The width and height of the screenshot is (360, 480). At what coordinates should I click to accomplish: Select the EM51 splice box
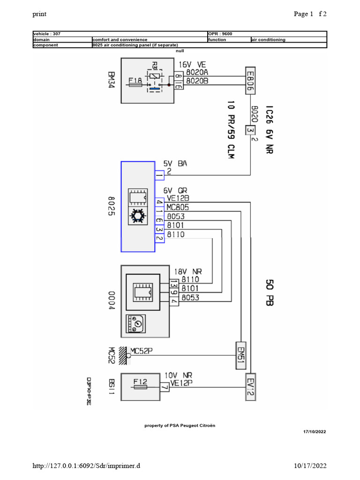[241, 352]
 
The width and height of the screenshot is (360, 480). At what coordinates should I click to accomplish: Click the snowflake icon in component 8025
[137, 215]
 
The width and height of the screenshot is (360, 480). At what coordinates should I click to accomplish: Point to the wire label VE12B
[177, 199]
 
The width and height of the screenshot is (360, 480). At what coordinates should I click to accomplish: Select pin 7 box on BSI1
[164, 387]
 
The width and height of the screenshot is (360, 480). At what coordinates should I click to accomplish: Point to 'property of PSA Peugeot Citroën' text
[180, 425]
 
